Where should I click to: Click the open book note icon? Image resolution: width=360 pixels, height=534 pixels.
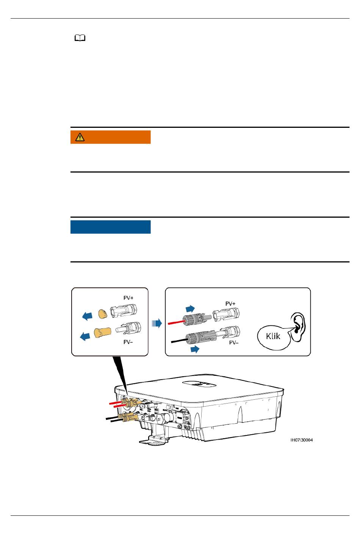pos(80,38)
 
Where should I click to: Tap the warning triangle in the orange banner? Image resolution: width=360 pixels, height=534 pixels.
pos(80,137)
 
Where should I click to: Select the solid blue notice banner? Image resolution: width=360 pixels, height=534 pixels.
pos(110,227)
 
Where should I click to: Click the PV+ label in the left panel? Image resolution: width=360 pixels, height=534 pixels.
pos(128,298)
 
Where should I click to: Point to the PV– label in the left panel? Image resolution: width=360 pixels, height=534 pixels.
pos(128,342)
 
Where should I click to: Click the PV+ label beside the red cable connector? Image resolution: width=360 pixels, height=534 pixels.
pos(230,303)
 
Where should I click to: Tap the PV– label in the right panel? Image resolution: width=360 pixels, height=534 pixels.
pos(234,342)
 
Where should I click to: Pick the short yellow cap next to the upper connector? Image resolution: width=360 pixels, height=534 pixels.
pos(103,314)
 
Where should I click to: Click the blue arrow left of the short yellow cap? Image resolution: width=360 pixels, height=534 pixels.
pos(87,316)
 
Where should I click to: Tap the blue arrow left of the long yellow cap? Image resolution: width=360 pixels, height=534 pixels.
pos(85,336)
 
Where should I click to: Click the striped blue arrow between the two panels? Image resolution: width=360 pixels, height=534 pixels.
pos(157,324)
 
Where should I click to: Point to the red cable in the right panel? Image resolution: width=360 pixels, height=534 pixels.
pos(177,322)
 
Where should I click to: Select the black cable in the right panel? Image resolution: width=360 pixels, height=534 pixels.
pos(179,341)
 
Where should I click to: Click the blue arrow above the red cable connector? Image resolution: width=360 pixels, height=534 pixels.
pos(190,308)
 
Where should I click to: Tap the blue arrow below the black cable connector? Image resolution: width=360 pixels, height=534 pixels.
pos(195,349)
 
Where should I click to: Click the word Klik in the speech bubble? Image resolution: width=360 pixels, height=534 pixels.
pos(273,336)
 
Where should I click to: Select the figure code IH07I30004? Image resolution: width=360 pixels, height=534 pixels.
pos(302,440)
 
